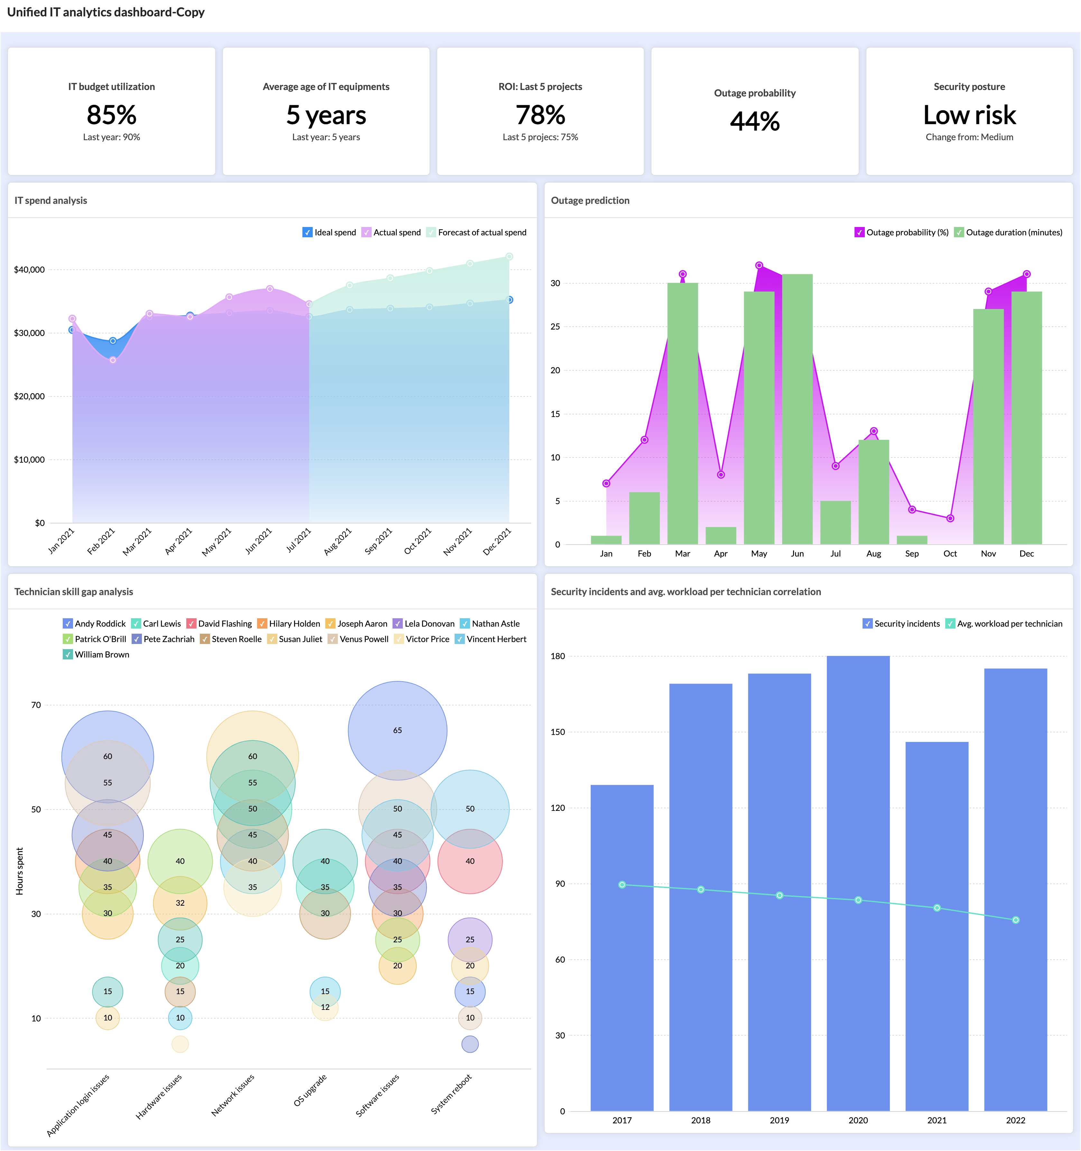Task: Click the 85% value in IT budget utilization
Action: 111,115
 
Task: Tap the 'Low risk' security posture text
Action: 969,115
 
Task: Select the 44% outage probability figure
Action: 754,121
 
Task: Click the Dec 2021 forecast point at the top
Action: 509,257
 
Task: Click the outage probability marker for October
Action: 950,518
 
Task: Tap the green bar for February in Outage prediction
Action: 644,518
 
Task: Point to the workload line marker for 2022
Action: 1016,920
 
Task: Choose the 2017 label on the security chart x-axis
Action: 622,1120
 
